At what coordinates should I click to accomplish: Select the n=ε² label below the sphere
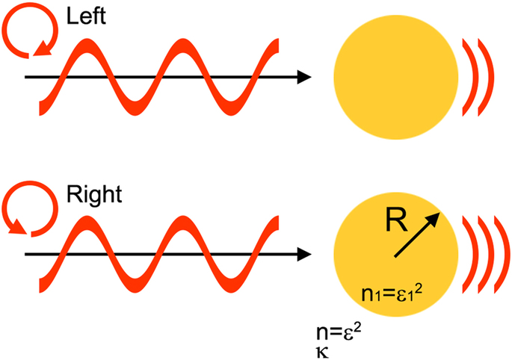(340, 331)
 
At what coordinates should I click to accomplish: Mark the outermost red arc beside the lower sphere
(502, 254)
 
